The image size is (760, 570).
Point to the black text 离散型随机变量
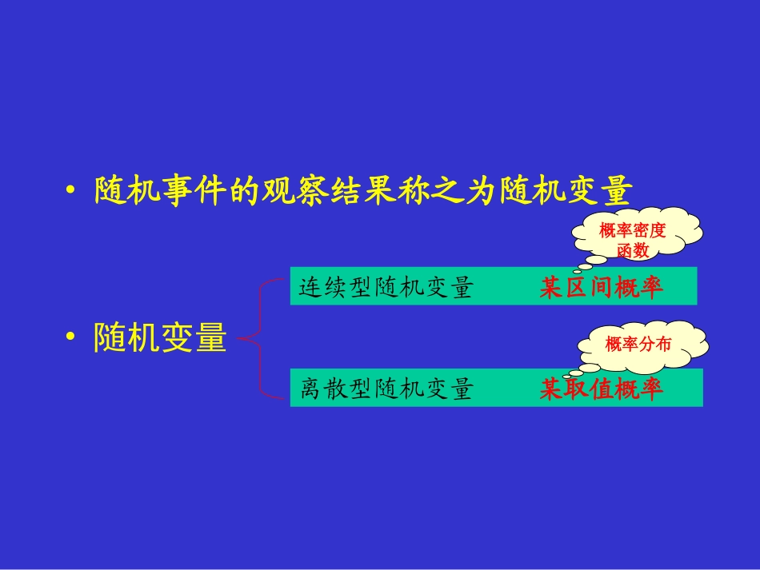pyautogui.click(x=387, y=389)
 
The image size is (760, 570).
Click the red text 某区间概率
pyautogui.click(x=602, y=288)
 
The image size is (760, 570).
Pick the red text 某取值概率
pyautogui.click(x=602, y=389)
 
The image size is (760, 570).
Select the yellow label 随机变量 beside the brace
pyautogui.click(x=160, y=338)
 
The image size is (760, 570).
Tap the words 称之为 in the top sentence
pyautogui.click(x=449, y=192)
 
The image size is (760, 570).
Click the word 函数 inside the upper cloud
pyautogui.click(x=633, y=250)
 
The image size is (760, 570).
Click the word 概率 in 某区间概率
pyautogui.click(x=633, y=288)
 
